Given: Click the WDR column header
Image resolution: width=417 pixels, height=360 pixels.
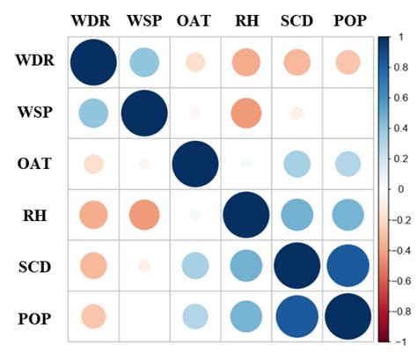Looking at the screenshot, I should (x=92, y=19).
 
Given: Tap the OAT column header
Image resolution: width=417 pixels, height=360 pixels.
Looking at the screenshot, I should (x=194, y=19).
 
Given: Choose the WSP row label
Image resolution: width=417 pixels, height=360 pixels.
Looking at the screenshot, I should (x=36, y=112).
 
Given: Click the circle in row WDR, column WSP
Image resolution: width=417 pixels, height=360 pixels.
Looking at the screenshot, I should (x=144, y=62).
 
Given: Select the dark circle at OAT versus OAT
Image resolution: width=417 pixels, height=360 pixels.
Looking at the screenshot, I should (x=195, y=164).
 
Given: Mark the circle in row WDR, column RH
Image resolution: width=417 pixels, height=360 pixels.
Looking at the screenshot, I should (x=245, y=62).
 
